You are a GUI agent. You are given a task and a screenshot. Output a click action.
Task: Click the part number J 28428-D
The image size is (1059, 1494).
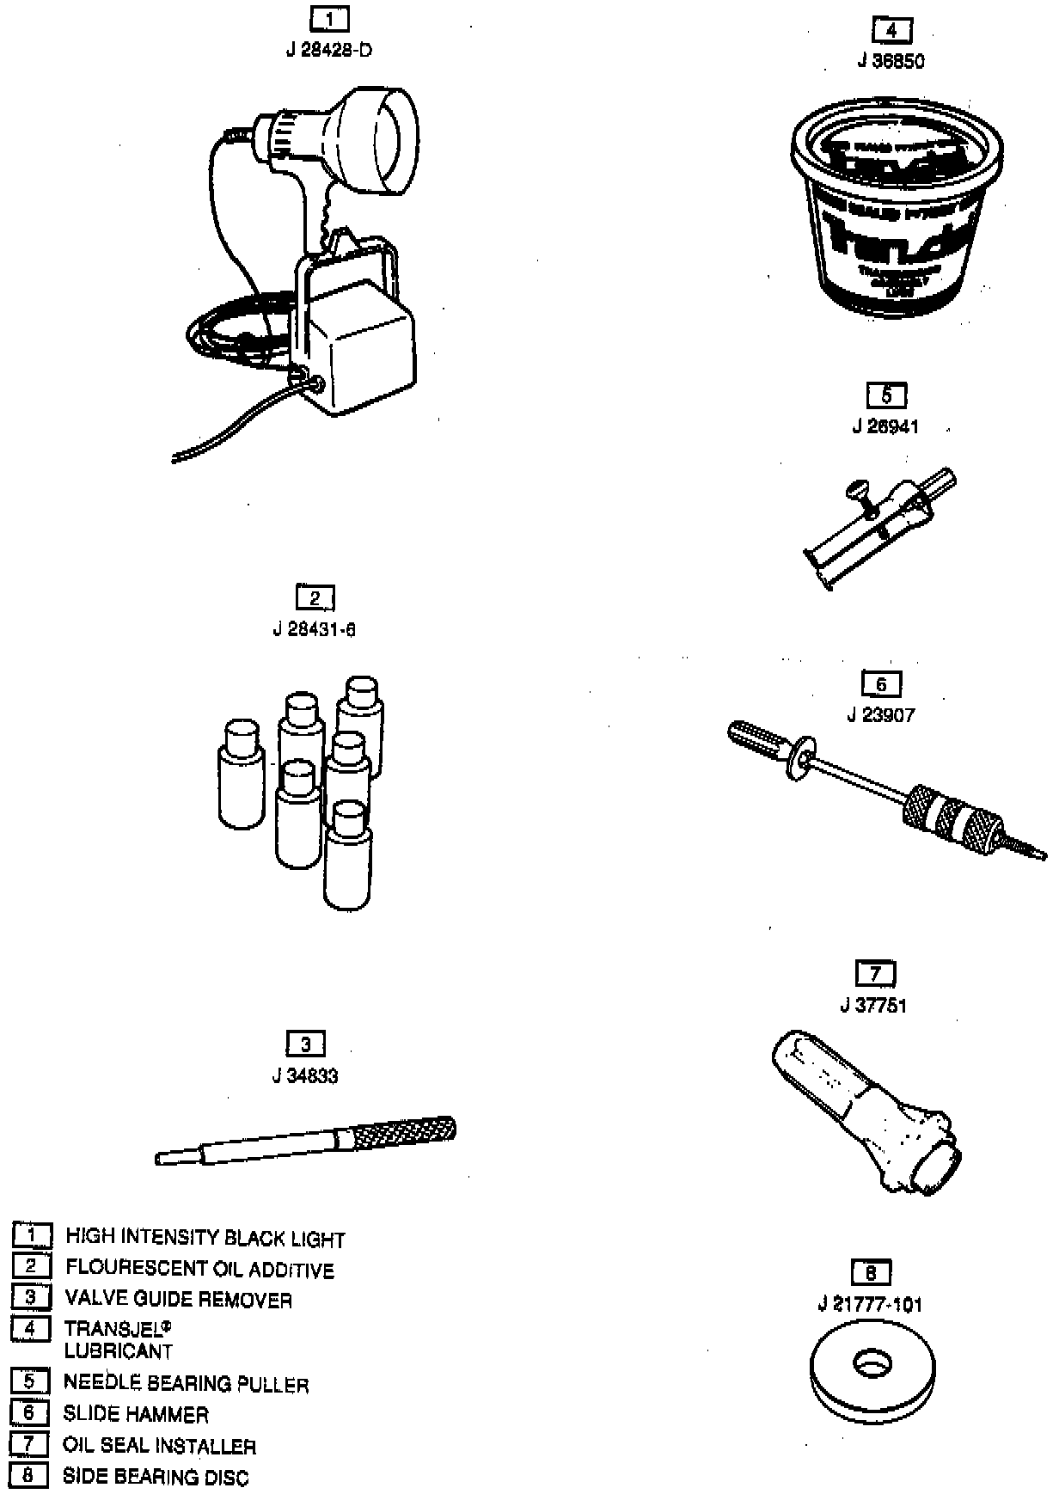pyautogui.click(x=329, y=50)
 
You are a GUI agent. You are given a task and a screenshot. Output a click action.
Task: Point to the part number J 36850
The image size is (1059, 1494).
pyautogui.click(x=891, y=61)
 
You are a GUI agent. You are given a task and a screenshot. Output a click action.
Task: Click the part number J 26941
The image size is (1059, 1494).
pyautogui.click(x=885, y=427)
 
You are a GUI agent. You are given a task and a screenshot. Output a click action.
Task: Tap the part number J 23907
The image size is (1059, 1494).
pyautogui.click(x=881, y=715)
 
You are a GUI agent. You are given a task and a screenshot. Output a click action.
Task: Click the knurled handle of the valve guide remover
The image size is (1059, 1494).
pyautogui.click(x=401, y=1134)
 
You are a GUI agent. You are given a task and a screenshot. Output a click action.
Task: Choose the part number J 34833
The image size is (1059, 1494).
pyautogui.click(x=305, y=1076)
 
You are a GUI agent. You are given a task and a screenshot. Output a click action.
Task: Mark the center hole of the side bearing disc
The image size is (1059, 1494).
pyautogui.click(x=873, y=1363)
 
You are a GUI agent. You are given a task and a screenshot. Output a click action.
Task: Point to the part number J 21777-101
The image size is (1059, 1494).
pyautogui.click(x=870, y=1305)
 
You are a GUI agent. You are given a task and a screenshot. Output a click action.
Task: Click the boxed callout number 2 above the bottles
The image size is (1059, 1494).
pyautogui.click(x=314, y=598)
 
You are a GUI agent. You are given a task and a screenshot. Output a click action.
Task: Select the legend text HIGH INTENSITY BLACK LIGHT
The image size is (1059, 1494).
pyautogui.click(x=205, y=1239)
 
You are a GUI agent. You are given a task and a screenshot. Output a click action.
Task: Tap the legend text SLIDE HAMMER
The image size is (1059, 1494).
pyautogui.click(x=135, y=1415)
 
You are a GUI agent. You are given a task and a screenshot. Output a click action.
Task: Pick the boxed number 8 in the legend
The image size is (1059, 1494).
pyautogui.click(x=30, y=1476)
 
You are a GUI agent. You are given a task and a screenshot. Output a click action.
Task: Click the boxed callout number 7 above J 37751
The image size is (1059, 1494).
pyautogui.click(x=875, y=974)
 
